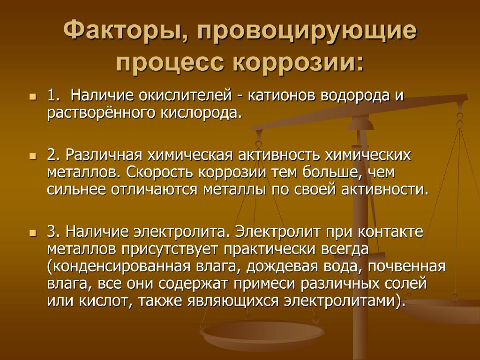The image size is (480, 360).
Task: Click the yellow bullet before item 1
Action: [32, 97]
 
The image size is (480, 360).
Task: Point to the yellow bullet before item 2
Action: [32, 157]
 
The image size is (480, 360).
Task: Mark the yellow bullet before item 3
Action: [32, 233]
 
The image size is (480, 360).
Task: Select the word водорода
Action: [355, 96]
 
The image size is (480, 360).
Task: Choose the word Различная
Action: [104, 155]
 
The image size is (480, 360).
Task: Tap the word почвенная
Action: [406, 266]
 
